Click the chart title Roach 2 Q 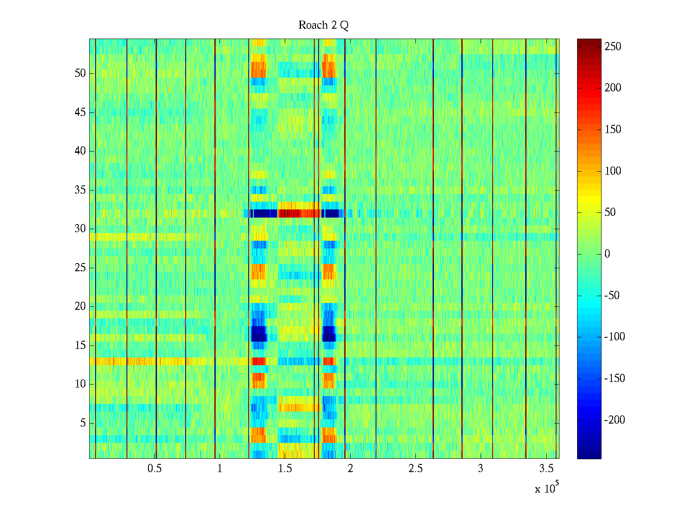[323, 25]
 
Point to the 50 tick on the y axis [80, 73]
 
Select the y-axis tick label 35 [80, 190]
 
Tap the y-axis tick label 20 [80, 306]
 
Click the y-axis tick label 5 [83, 423]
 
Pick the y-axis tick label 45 [80, 112]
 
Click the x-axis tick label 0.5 [154, 469]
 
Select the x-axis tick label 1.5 [285, 469]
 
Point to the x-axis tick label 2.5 [415, 469]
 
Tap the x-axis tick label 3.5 [546, 469]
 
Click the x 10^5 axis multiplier [547, 488]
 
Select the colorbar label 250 [613, 46]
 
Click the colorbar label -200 [614, 420]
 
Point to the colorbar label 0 [607, 254]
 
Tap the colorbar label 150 [613, 130]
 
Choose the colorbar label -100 [614, 337]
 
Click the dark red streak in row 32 [299, 213]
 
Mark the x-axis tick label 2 [350, 469]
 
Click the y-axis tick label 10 [80, 384]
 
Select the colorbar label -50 [613, 296]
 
